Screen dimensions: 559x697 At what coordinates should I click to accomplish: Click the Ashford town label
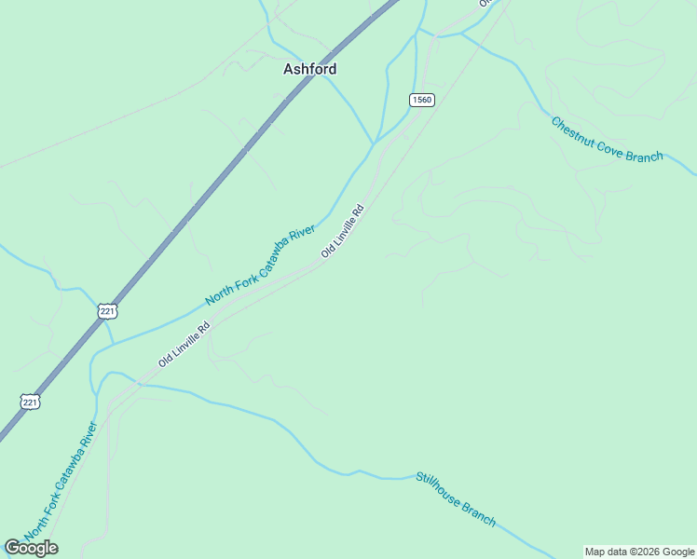[309, 69]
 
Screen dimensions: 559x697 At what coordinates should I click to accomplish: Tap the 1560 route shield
[421, 100]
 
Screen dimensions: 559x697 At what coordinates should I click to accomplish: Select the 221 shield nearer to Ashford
[107, 309]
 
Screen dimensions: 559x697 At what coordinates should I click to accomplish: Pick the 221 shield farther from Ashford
[31, 401]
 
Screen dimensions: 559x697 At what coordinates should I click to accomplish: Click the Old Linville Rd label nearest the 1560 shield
[341, 232]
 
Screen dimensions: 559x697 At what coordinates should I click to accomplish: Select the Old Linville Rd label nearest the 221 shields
[184, 345]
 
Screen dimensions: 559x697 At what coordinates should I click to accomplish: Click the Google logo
[31, 548]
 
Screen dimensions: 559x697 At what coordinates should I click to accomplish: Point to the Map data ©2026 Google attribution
[640, 552]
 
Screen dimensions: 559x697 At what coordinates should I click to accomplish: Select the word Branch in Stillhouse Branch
[479, 513]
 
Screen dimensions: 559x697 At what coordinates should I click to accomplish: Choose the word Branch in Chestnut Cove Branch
[645, 157]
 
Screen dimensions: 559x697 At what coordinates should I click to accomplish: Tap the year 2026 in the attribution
[649, 552]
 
